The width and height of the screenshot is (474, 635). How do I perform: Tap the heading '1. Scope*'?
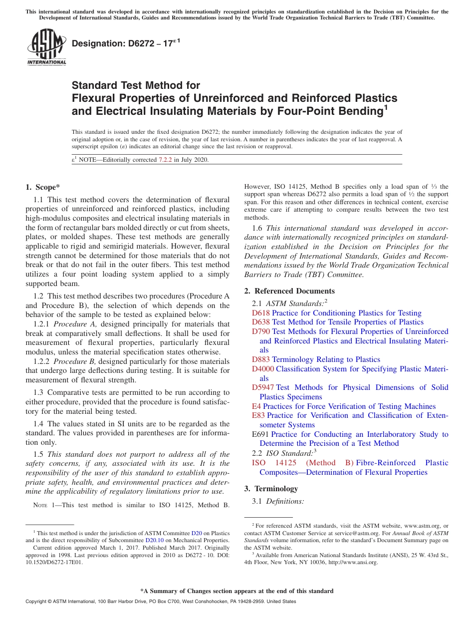[x=42, y=187]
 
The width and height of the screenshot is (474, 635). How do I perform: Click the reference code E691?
[x=260, y=434]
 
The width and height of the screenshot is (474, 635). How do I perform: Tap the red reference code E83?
[x=258, y=415]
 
